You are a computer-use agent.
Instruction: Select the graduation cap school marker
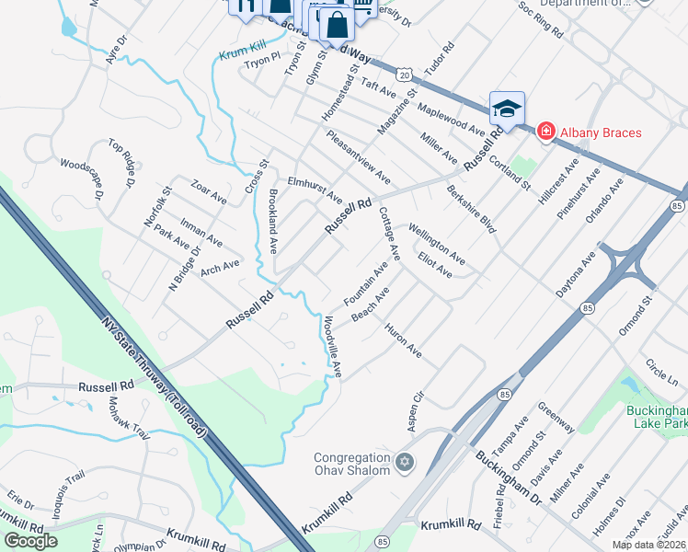[506, 109]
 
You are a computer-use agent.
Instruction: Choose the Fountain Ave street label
[366, 284]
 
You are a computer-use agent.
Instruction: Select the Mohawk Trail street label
[116, 419]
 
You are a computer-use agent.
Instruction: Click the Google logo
[31, 541]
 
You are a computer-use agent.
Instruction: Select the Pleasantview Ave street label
[359, 155]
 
